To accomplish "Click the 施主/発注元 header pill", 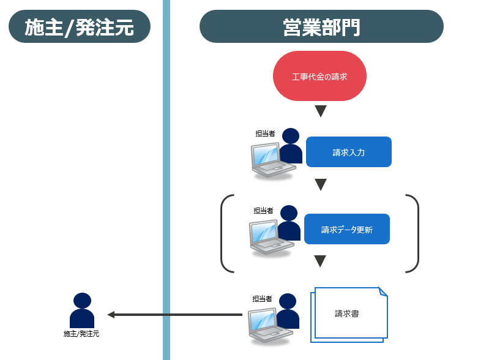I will coord(80,26).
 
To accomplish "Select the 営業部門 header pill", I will coord(321,26).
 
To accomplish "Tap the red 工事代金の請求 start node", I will coord(319,77).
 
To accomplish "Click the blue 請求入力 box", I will coord(348,152).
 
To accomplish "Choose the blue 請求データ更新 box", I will coord(346,229).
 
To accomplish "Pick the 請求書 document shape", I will coord(349,313).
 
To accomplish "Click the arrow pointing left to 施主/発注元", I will coord(175,315).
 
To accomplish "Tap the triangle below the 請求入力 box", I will coord(320,184).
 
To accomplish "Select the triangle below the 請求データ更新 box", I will coord(319,261).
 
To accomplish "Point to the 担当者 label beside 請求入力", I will coord(265,133).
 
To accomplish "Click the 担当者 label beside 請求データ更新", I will coord(264,211).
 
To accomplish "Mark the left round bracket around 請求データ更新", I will coord(225,233).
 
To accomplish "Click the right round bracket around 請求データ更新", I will coord(414,233).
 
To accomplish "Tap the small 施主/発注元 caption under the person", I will coord(81,334).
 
